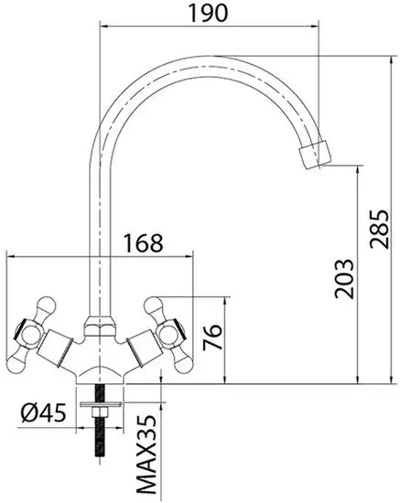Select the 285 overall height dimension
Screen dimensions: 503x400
pos(376,223)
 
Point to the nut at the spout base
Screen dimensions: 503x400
pos(98,325)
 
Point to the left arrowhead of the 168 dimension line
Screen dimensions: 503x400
pos(11,257)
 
